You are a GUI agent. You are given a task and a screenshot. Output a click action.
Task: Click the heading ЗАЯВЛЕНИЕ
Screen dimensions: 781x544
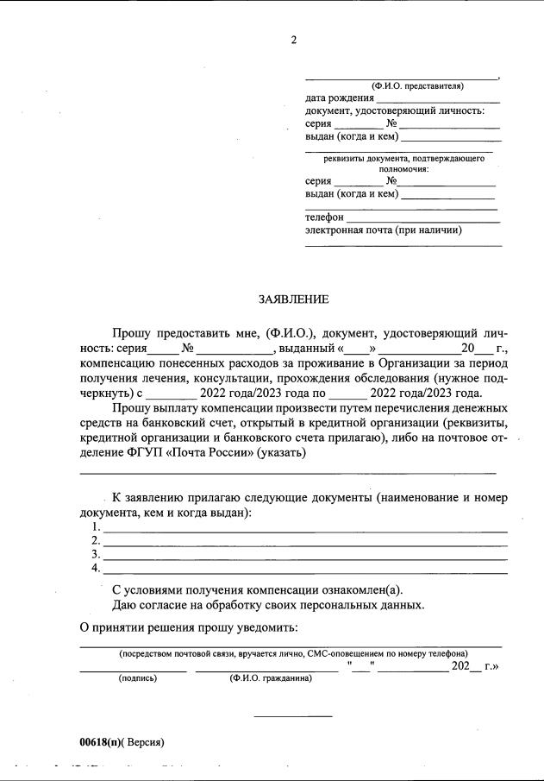tap(293, 299)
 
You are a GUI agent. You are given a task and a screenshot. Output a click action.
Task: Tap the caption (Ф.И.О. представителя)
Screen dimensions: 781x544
tap(417, 85)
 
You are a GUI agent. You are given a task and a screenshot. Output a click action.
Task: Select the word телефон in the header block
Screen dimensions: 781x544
tap(324, 217)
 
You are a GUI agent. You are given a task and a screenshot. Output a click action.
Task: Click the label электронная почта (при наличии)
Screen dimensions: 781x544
tap(383, 230)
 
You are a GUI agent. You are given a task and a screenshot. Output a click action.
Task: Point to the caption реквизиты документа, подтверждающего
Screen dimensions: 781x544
tap(403, 158)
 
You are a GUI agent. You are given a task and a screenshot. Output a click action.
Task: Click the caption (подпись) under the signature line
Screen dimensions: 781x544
tap(138, 678)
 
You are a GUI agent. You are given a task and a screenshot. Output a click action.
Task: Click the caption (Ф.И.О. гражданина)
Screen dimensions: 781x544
tap(271, 678)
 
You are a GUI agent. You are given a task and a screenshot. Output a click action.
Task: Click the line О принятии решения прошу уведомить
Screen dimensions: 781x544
tap(188, 626)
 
